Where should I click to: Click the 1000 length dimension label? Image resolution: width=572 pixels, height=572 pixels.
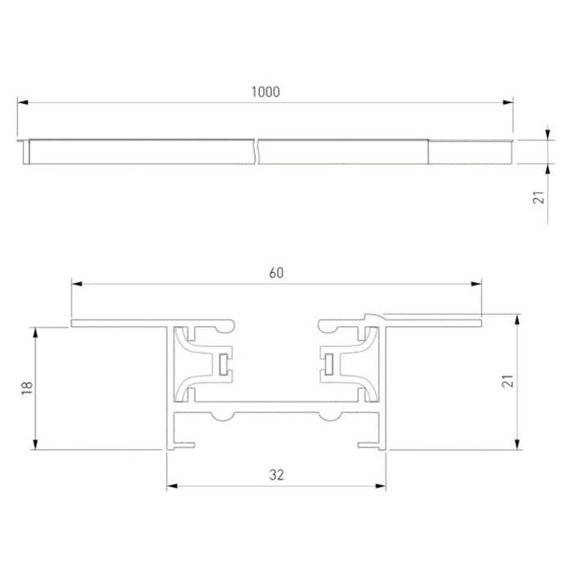(x=266, y=92)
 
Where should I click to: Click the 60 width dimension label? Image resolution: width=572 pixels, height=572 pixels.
(x=276, y=273)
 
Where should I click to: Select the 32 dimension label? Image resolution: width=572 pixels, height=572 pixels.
(x=276, y=475)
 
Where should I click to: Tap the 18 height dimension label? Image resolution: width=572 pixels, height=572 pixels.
(x=27, y=388)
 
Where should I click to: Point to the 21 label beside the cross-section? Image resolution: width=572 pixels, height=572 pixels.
(x=508, y=381)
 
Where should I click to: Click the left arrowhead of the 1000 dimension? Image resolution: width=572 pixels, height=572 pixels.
(x=23, y=102)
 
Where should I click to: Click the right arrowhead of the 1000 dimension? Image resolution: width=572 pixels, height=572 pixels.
(x=507, y=102)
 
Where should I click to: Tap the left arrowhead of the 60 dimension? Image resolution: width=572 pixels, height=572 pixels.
(x=77, y=284)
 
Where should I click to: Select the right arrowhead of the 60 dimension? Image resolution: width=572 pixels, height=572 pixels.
(x=476, y=284)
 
